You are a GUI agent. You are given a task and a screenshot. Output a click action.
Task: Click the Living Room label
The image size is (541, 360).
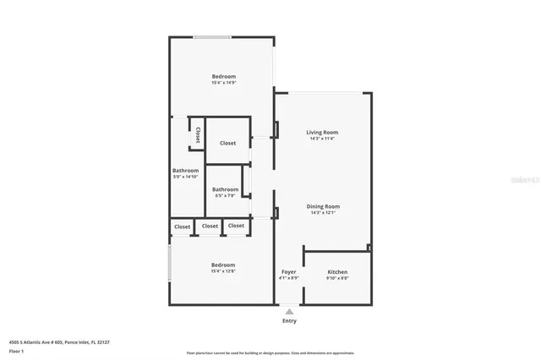(x=322, y=133)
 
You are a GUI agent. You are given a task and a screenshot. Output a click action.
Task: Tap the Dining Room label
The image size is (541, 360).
(x=322, y=206)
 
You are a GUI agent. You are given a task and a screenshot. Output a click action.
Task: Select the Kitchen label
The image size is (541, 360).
(x=337, y=272)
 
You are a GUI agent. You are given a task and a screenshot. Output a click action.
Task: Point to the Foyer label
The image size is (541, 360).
(x=288, y=272)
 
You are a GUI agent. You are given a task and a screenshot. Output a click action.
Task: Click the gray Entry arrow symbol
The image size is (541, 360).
(x=289, y=312)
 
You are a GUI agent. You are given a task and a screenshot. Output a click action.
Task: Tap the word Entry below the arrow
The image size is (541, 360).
(x=289, y=321)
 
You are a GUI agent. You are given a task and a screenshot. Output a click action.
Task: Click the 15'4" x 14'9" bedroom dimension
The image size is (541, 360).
(x=223, y=83)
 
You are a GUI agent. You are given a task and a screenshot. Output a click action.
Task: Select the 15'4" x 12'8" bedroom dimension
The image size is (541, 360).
(x=223, y=271)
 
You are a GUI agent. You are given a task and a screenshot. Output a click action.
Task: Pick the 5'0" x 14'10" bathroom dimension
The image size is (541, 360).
(x=185, y=177)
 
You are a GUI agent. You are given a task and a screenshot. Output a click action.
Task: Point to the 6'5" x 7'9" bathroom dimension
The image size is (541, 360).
(x=225, y=195)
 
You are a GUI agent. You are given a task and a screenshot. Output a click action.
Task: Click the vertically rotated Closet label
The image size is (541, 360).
(x=198, y=134)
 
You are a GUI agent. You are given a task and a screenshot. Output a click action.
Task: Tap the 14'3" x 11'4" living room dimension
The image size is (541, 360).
(x=322, y=139)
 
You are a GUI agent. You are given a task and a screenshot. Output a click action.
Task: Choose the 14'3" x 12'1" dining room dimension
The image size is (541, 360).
(x=322, y=212)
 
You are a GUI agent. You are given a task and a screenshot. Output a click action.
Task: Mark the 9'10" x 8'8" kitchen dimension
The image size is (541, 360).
(x=337, y=278)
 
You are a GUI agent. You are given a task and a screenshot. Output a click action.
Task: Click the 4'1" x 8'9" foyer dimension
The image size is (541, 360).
(x=288, y=278)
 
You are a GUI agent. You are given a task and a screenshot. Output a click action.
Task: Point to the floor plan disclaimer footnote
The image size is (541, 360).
(x=270, y=352)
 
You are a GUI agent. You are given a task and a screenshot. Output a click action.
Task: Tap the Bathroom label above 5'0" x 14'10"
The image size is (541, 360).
(x=185, y=171)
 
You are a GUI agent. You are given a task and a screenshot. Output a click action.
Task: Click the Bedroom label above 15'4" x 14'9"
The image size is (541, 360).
(x=223, y=77)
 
